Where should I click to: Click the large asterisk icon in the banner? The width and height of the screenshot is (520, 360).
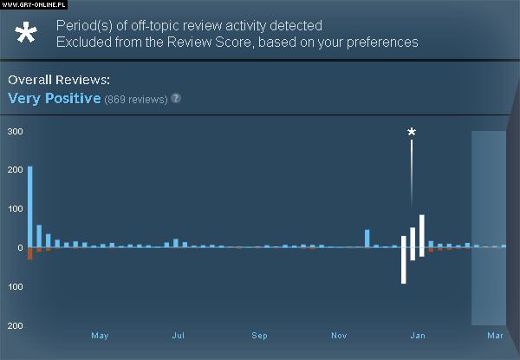click(27, 34)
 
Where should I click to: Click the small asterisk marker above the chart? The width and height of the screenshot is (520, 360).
click(412, 133)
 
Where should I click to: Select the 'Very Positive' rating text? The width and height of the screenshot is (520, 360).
click(54, 98)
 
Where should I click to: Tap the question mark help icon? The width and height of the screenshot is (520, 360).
click(176, 98)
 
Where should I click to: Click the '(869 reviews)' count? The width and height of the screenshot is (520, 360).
click(135, 99)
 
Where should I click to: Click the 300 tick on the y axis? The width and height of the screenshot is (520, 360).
click(14, 131)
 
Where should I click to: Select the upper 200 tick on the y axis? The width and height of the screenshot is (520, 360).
click(14, 170)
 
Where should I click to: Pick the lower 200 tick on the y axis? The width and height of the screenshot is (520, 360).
click(14, 326)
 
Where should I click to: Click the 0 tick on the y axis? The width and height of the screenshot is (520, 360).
click(19, 248)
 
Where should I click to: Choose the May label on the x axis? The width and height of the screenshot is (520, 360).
click(100, 335)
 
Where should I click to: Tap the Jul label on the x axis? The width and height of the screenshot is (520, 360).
click(179, 335)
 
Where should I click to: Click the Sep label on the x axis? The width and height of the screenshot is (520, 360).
click(259, 335)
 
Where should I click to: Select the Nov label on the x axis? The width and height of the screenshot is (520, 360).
click(338, 335)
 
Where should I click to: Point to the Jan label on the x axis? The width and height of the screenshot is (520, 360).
click(418, 335)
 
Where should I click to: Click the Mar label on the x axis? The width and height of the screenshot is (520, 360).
click(495, 335)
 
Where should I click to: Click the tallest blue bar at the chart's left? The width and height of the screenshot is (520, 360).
click(30, 206)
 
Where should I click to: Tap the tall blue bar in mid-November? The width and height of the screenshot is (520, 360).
click(367, 239)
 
